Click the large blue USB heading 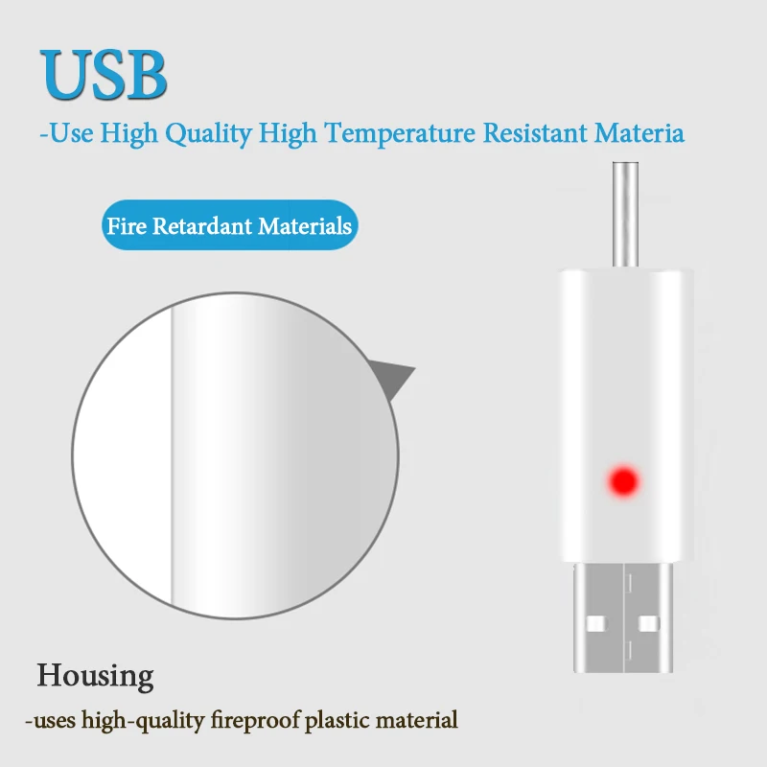coord(104,75)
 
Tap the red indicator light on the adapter coord(623,481)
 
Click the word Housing coord(95,676)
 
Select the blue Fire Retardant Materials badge coord(230,225)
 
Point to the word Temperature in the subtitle coord(400,133)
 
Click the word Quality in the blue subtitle coord(208,133)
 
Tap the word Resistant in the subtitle coord(535,132)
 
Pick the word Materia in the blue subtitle coord(639,132)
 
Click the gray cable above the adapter coord(626,214)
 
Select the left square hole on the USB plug coord(596,624)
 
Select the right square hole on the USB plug coord(649,624)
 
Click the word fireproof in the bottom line coord(255,721)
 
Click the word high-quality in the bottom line coord(143,721)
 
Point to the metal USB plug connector coord(623,617)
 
